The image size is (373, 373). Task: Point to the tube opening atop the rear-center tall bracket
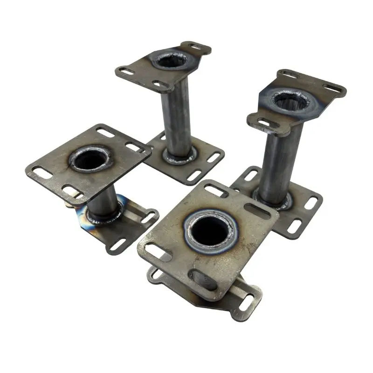click(x=172, y=60)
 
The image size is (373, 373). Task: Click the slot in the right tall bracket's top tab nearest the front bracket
click(x=264, y=122)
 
